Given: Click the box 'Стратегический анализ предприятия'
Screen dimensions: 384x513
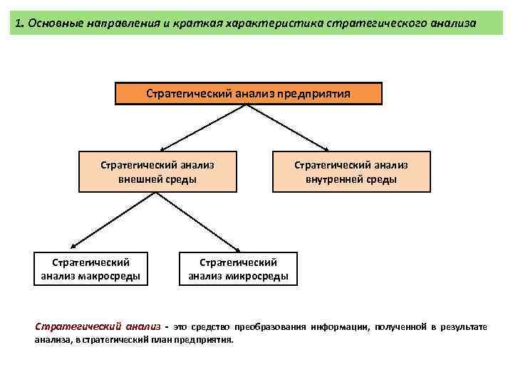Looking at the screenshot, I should point(248,94).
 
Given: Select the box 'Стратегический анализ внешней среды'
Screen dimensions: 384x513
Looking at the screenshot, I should point(157,171).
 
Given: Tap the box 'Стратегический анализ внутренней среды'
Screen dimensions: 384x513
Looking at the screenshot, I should point(351,171).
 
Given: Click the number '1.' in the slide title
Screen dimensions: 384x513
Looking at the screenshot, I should point(19,23).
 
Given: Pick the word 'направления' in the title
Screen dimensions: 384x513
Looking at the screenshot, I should point(120,23).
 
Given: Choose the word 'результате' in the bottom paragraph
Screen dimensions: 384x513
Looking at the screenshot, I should point(463,326).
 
